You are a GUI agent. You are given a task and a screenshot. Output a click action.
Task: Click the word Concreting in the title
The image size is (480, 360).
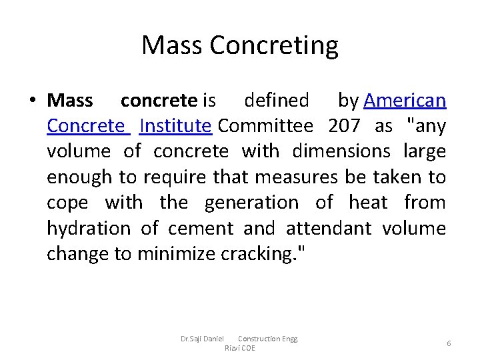274,46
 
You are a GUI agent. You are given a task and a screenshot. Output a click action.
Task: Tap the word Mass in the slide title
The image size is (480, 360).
171,46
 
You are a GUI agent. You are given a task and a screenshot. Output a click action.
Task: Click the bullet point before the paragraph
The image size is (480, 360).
32,101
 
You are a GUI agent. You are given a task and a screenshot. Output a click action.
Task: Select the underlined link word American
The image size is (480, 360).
405,101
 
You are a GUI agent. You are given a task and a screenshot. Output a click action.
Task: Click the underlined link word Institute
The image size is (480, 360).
175,126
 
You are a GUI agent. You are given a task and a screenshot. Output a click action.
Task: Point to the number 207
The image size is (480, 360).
345,126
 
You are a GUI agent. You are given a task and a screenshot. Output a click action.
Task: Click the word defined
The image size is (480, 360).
277,101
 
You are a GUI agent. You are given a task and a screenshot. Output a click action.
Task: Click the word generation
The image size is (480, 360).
251,203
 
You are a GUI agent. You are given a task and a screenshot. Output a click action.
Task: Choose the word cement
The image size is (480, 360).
201,229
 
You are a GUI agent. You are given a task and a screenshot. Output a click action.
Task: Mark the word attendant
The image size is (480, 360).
329,229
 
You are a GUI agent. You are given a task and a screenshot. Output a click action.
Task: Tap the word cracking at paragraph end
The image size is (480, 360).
247,254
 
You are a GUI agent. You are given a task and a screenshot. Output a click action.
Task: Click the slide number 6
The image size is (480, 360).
449,343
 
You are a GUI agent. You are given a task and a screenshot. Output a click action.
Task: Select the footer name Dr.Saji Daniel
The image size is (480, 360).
202,339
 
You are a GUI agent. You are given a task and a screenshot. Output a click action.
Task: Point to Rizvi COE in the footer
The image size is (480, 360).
239,348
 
